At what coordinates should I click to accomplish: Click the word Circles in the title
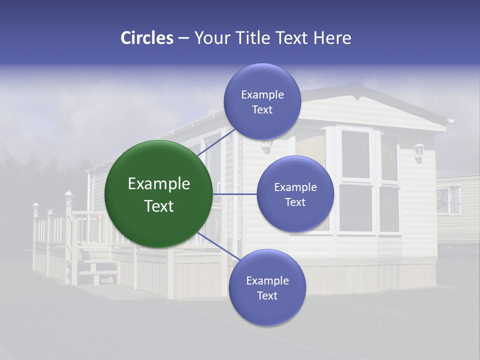click(x=146, y=38)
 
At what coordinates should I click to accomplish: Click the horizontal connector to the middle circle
click(x=235, y=194)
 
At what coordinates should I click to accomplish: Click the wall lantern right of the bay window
click(x=418, y=152)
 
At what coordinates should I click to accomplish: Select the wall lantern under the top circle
click(x=266, y=145)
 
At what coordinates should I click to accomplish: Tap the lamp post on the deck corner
click(x=68, y=197)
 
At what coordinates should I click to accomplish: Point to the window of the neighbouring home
click(x=447, y=200)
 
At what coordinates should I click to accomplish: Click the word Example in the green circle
click(x=159, y=184)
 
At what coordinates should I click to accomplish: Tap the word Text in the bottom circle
click(x=267, y=295)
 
